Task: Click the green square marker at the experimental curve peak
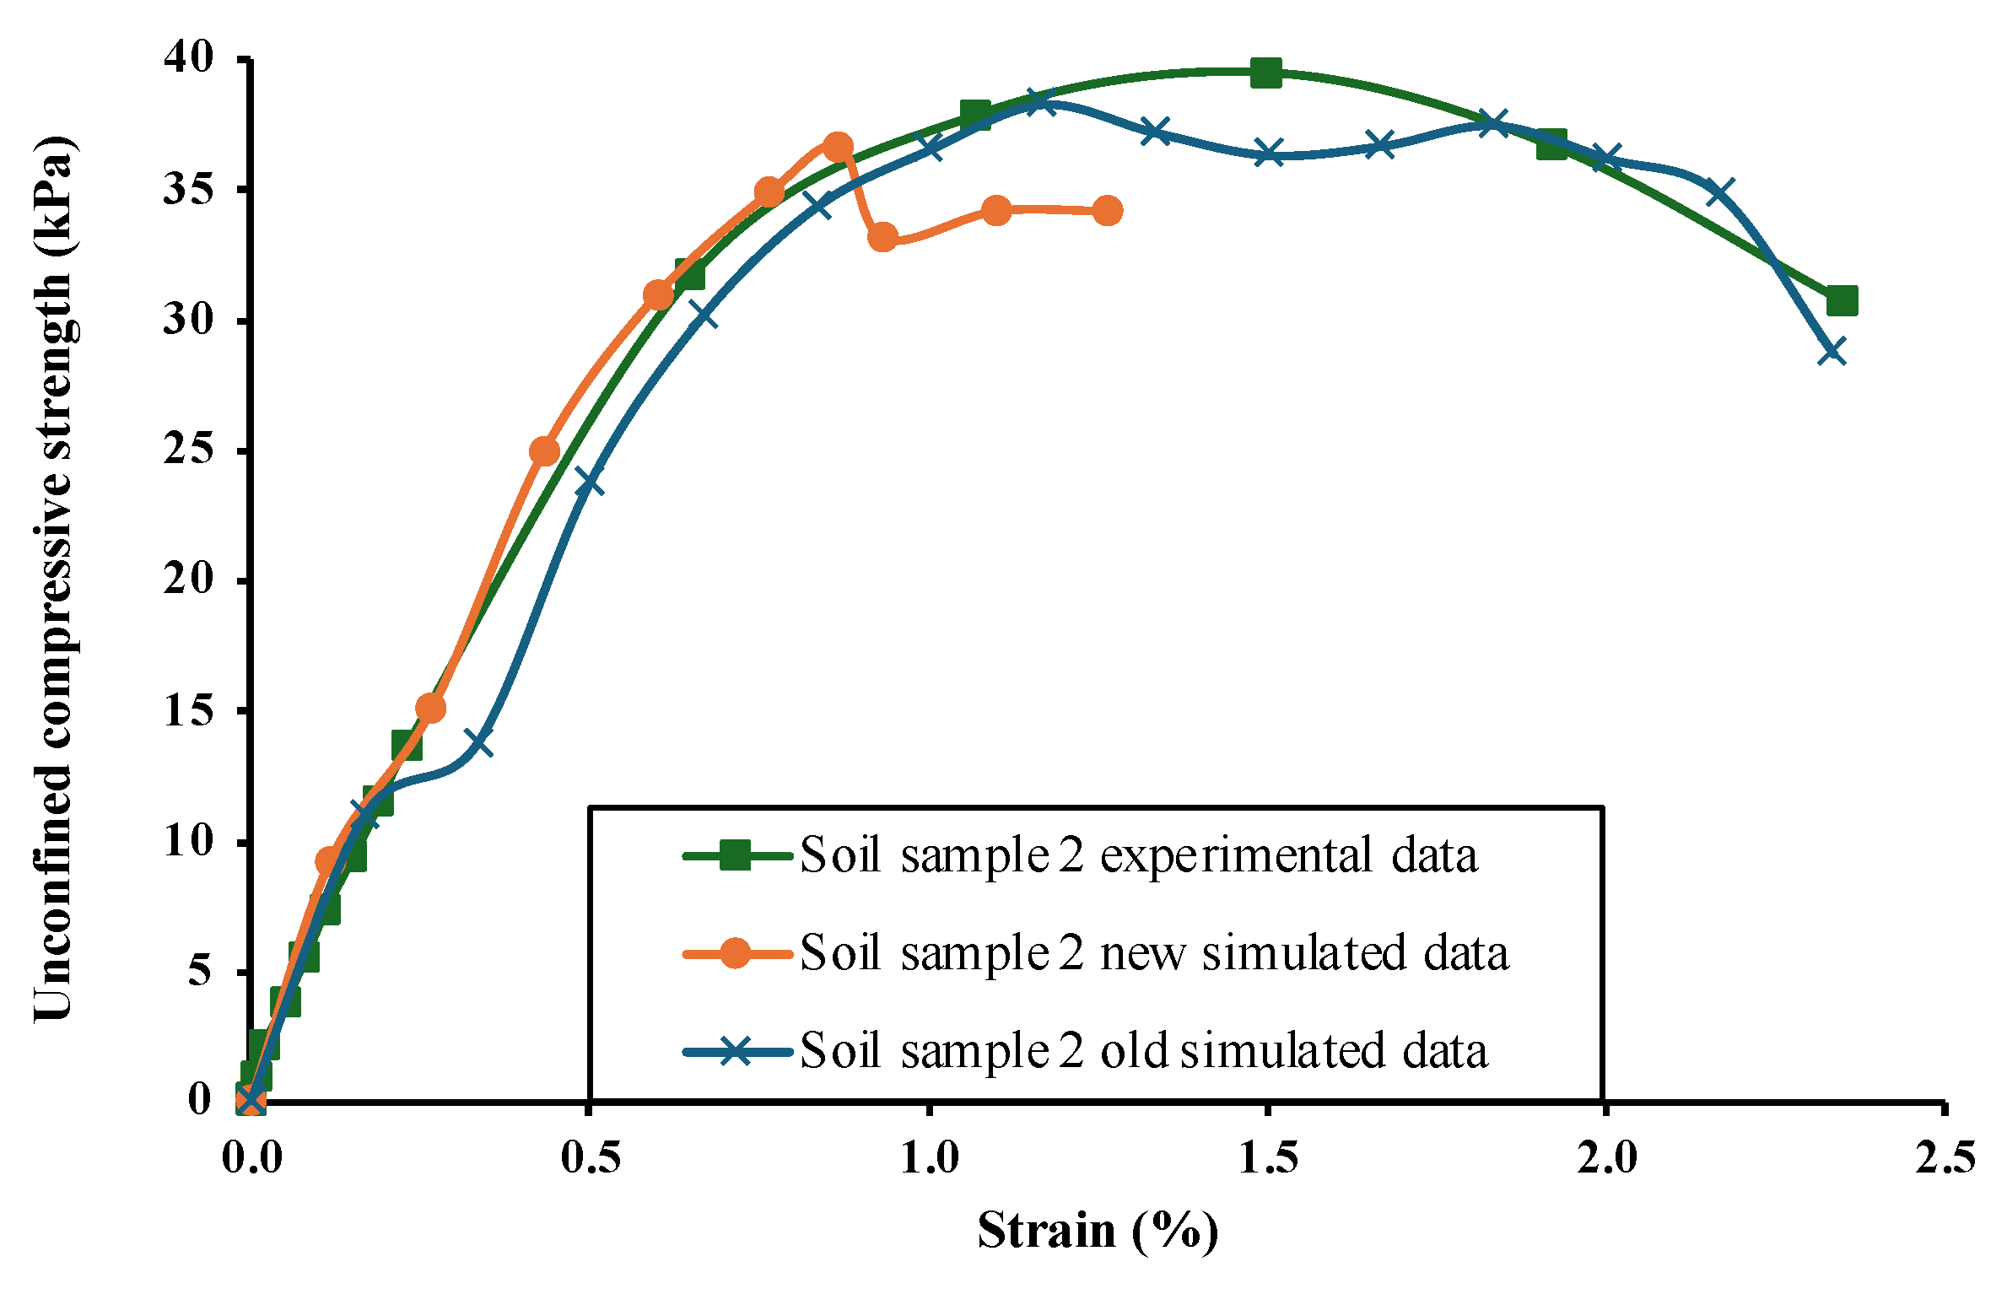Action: pos(1265,73)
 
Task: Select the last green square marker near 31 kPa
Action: pos(1842,300)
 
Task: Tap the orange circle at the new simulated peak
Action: pos(837,148)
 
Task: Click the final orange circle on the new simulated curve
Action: pos(1108,211)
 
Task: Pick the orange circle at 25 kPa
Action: pos(545,451)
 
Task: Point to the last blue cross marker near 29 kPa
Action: pos(1832,351)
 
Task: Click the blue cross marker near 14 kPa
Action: pos(480,743)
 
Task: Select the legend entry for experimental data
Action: pos(1138,855)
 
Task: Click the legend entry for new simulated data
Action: pos(1153,953)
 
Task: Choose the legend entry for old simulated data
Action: pos(1143,1051)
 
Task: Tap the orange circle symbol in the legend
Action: pos(735,954)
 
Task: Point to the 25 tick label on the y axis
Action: pos(189,450)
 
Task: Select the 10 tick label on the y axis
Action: pos(189,840)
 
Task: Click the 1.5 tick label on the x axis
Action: pos(1267,1159)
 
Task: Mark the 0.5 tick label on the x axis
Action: pos(590,1159)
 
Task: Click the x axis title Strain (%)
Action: pos(1098,1231)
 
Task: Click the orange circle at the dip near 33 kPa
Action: pos(882,238)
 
